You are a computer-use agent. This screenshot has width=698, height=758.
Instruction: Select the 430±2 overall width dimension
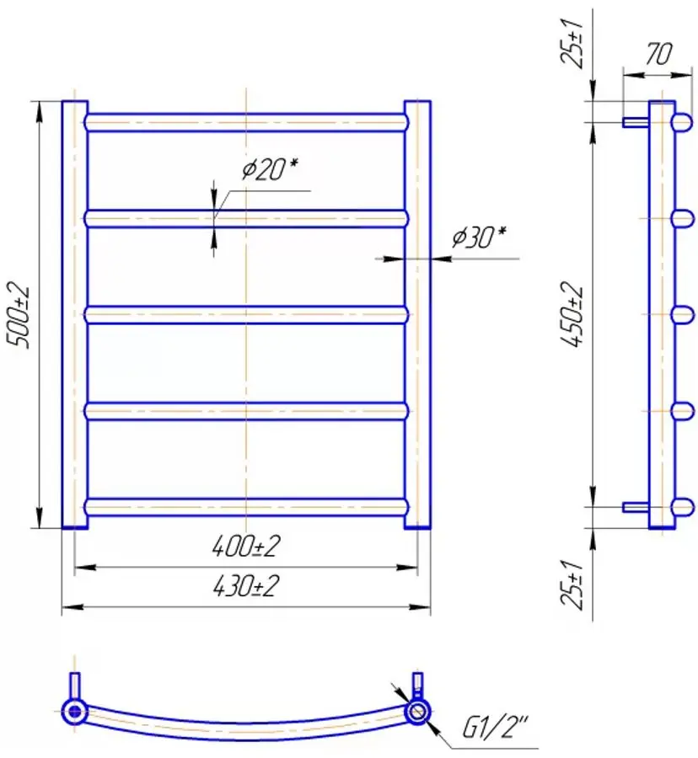245,587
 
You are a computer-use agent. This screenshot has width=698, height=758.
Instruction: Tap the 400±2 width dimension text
245,548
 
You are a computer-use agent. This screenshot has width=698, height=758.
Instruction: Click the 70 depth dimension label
658,55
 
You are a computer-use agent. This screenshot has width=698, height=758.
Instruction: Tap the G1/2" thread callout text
494,727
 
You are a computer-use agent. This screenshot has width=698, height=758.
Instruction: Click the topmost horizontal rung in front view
245,122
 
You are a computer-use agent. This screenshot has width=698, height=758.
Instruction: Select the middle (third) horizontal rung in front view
245,315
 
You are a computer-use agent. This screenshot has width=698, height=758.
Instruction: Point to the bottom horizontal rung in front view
245,506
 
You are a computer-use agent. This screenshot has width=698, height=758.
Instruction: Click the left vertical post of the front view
74,315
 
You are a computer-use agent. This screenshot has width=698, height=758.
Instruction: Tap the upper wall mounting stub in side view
635,122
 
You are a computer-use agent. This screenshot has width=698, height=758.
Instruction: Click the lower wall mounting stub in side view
635,507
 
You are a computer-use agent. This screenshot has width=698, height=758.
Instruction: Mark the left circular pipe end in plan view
75,711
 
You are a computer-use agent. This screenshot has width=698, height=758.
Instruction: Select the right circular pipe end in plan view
416,712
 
